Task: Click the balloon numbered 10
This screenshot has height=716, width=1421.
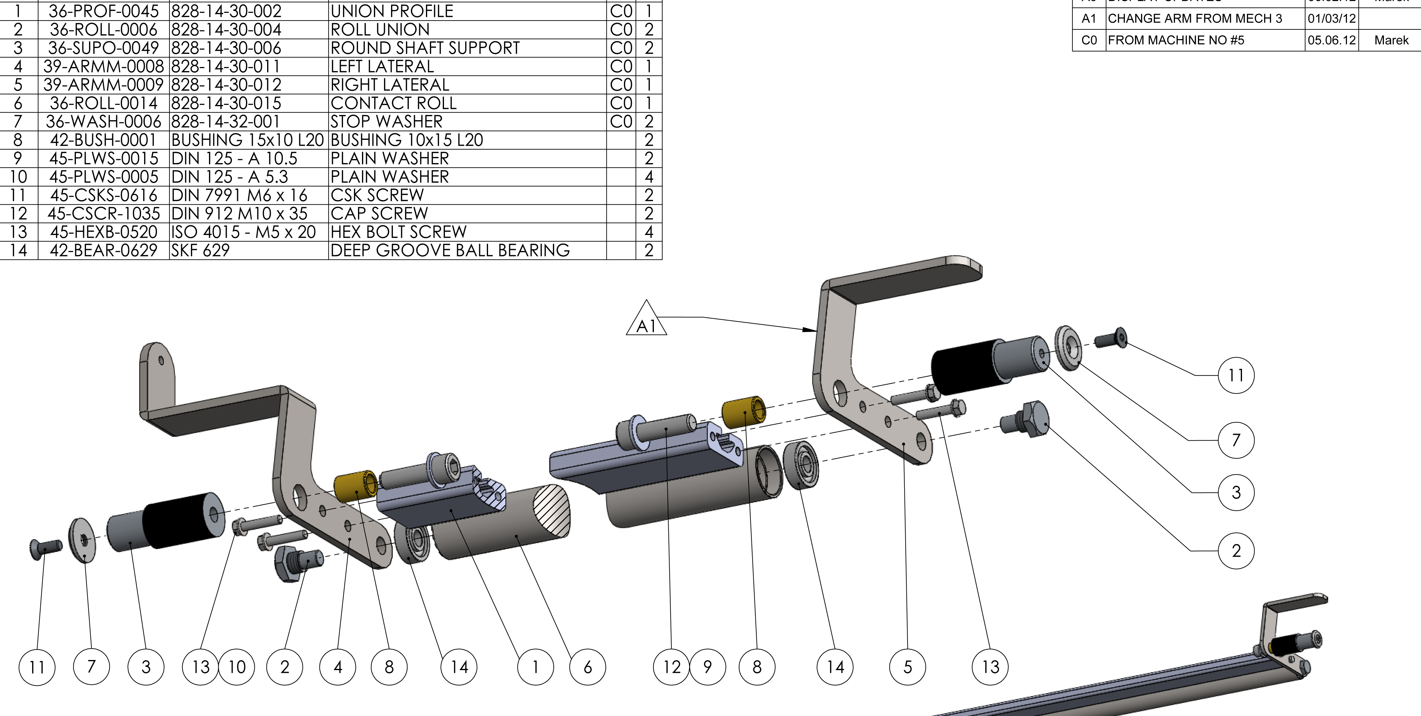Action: tap(237, 667)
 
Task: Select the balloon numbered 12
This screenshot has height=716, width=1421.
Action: tap(671, 667)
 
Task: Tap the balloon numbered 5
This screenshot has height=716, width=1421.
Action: tap(908, 667)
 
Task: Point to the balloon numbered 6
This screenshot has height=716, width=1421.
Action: tap(587, 667)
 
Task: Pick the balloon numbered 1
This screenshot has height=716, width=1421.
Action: tap(535, 667)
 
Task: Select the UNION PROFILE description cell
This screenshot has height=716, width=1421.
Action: tap(392, 11)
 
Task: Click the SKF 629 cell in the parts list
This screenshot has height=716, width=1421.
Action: tap(200, 250)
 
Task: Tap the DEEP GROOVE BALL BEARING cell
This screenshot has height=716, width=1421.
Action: tap(449, 250)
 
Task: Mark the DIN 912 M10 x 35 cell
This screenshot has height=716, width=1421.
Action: tap(239, 214)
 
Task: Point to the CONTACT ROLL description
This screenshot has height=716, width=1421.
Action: tap(393, 103)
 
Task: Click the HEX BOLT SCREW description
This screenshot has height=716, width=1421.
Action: tap(398, 232)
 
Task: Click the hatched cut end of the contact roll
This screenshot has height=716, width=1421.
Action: tap(552, 510)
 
